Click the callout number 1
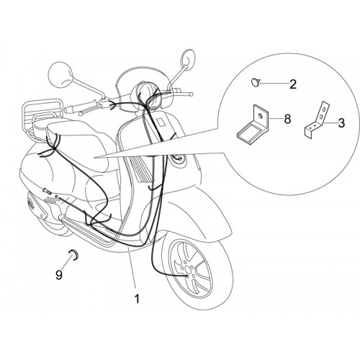[x=137, y=299]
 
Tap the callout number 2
[x=293, y=84]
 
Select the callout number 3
[x=341, y=123]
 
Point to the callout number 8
[x=287, y=119]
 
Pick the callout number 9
[x=59, y=275]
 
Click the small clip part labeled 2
[x=256, y=82]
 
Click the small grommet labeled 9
[x=73, y=255]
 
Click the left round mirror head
[x=60, y=73]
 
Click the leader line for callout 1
[x=132, y=268]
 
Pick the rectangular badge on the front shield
[x=161, y=122]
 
